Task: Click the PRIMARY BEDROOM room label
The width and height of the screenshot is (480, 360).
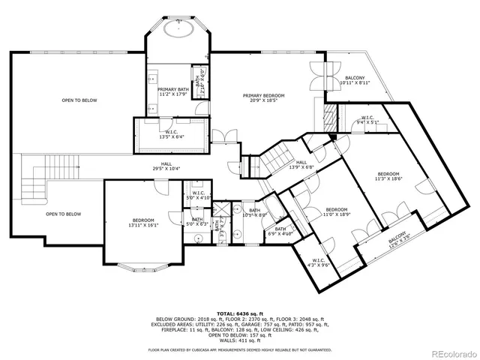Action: point(263,98)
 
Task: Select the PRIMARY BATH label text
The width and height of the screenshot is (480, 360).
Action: point(172,91)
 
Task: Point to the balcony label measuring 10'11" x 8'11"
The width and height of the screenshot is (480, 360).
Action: point(355,80)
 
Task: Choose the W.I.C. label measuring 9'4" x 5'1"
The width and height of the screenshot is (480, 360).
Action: point(367,119)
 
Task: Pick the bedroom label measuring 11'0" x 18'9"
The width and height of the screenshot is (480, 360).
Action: point(336,211)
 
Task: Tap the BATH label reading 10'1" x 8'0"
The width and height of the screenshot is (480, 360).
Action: point(254,213)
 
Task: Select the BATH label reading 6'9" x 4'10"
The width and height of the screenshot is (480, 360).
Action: point(280,232)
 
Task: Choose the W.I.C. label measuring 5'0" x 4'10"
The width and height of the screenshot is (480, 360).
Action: point(199,196)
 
